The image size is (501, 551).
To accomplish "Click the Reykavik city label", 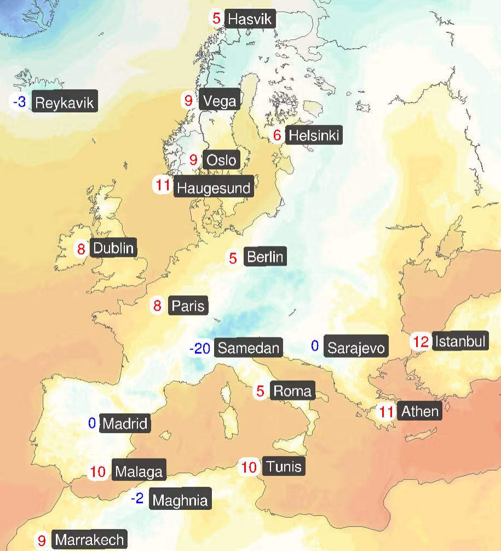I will tap(65, 102).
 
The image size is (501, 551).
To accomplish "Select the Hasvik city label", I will tap(249, 20).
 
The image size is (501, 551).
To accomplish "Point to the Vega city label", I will tap(220, 101).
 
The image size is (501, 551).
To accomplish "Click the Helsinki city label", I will tap(314, 135).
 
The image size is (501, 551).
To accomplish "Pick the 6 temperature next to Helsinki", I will tap(277, 135).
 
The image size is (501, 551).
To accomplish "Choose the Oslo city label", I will tap(222, 160).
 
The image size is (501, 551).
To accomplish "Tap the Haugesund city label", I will tap(214, 188).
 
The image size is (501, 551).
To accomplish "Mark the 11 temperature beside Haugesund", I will tap(163, 185).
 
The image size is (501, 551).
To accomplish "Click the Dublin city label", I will tap(113, 248).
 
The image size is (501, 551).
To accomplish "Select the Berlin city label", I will tap(265, 256).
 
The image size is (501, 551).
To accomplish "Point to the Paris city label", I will tap(188, 305).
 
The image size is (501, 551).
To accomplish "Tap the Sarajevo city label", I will tap(356, 347).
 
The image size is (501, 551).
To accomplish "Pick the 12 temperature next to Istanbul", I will tap(421, 342).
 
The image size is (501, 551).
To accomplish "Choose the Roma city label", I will tap(292, 391).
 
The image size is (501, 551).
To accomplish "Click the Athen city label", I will tap(421, 411).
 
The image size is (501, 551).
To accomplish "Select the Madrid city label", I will tap(125, 423).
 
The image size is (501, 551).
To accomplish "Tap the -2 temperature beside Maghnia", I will tap(137, 498).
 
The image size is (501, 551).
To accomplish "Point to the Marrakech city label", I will tap(90, 540).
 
